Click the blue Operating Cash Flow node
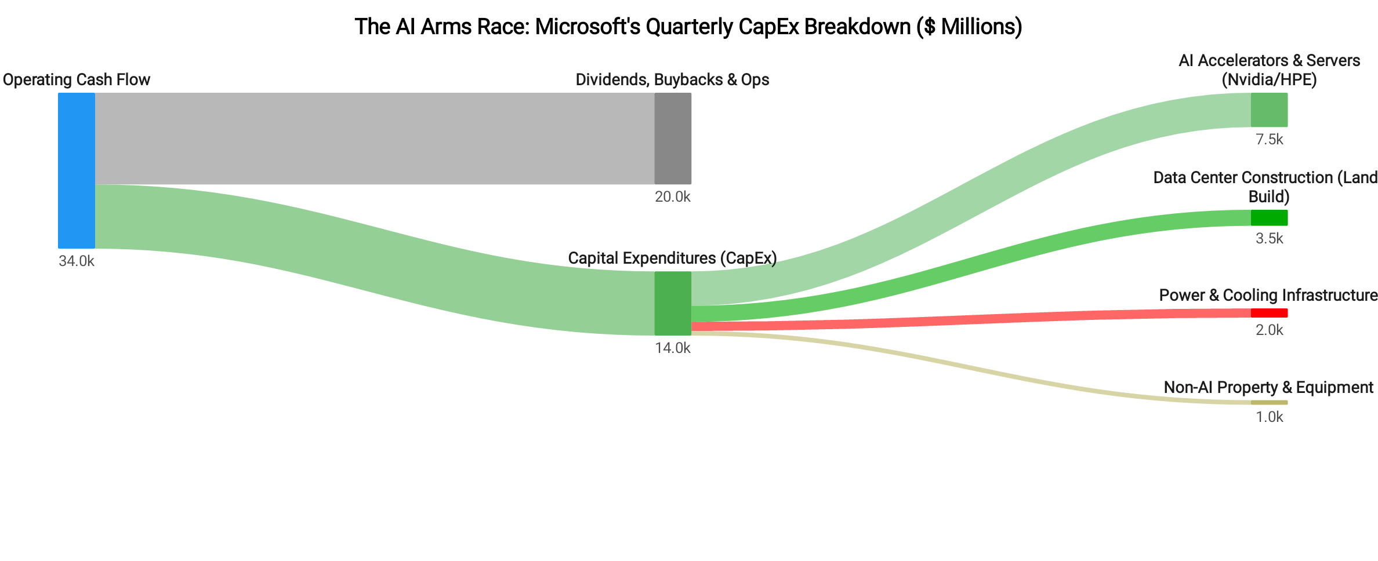(76, 170)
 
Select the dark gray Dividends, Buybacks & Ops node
(673, 139)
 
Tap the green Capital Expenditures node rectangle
(673, 303)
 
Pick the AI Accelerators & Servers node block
(1269, 110)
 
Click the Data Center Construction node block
(1269, 218)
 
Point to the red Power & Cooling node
(1269, 313)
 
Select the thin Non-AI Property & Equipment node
(1269, 402)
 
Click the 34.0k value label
(76, 261)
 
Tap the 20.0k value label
(673, 197)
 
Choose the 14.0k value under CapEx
(673, 348)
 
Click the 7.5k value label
(1269, 140)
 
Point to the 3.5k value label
(1269, 239)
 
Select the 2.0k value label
(1269, 330)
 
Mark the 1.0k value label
(1269, 417)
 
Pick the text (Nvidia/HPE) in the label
(1269, 80)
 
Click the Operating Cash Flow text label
(76, 80)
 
